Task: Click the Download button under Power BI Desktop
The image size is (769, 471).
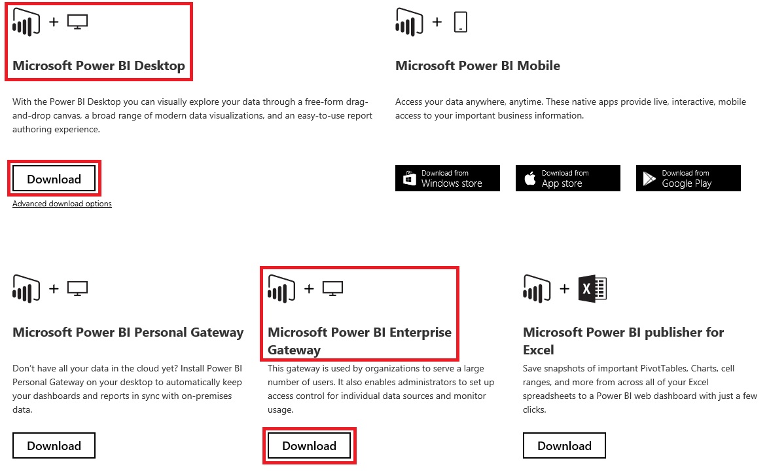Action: pyautogui.click(x=54, y=179)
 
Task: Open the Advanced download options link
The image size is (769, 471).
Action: pyautogui.click(x=62, y=204)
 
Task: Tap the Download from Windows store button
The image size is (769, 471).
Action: pyautogui.click(x=448, y=178)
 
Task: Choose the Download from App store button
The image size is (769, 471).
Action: pyautogui.click(x=568, y=178)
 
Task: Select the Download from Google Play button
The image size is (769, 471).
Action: pyautogui.click(x=689, y=178)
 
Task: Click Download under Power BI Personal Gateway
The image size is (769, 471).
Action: pyautogui.click(x=54, y=445)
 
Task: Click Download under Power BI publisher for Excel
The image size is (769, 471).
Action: pyautogui.click(x=564, y=445)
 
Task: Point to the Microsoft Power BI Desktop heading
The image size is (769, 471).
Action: pyautogui.click(x=99, y=66)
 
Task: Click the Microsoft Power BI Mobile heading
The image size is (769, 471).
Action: pyautogui.click(x=478, y=66)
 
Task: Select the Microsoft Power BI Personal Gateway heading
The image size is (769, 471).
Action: pyautogui.click(x=128, y=332)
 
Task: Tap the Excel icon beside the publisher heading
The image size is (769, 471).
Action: pyautogui.click(x=593, y=288)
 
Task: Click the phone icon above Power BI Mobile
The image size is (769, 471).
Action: pyautogui.click(x=460, y=22)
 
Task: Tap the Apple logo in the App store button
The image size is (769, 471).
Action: pyautogui.click(x=530, y=178)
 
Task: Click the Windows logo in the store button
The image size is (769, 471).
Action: pyautogui.click(x=410, y=178)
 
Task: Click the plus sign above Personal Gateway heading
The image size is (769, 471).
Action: pyautogui.click(x=54, y=288)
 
